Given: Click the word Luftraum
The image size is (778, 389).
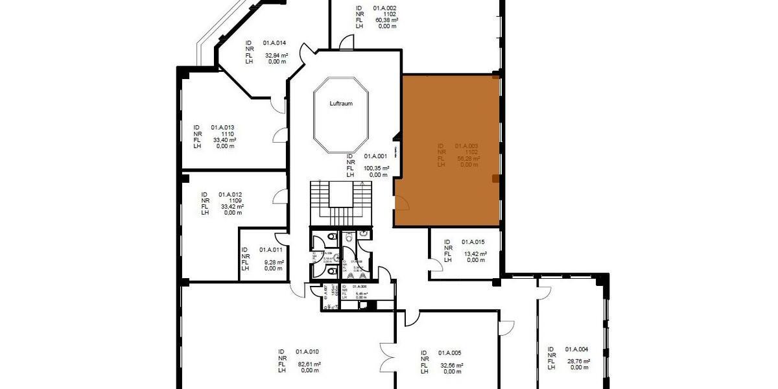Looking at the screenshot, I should (x=341, y=104).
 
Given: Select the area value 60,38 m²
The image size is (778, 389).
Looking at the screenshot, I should (x=386, y=20).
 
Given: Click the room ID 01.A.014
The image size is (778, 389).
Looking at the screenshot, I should (x=274, y=43).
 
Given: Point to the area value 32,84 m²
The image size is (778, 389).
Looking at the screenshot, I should (x=277, y=56).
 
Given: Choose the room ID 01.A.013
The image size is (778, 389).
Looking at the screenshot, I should (x=222, y=128).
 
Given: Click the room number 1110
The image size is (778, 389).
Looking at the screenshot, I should (x=227, y=134).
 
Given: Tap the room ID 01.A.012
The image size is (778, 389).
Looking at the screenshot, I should (x=230, y=194).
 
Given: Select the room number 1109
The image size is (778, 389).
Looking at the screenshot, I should (x=235, y=200).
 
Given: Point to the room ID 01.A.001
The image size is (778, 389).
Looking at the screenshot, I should (x=375, y=156).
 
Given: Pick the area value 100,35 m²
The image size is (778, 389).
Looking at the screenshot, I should (x=377, y=169).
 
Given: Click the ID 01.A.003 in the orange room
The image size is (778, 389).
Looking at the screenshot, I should (x=466, y=147).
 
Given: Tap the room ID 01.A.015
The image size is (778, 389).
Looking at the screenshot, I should (x=473, y=242).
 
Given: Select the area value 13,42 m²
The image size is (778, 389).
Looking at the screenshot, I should (x=476, y=254).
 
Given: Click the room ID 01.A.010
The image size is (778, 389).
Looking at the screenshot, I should (x=307, y=352).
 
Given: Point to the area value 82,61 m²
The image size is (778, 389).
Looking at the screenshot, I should (x=309, y=364).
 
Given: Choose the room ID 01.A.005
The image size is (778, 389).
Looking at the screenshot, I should (x=449, y=353).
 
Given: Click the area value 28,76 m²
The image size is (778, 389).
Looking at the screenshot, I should (x=578, y=361).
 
